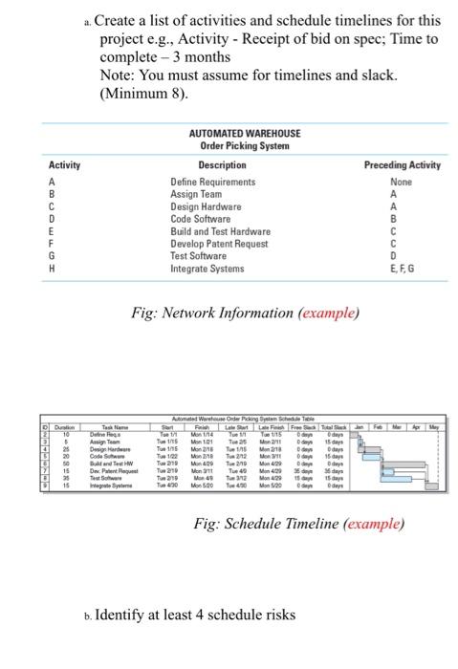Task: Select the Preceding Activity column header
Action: (x=403, y=165)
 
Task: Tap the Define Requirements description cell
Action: (x=212, y=182)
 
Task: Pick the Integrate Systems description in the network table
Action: (x=208, y=269)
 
